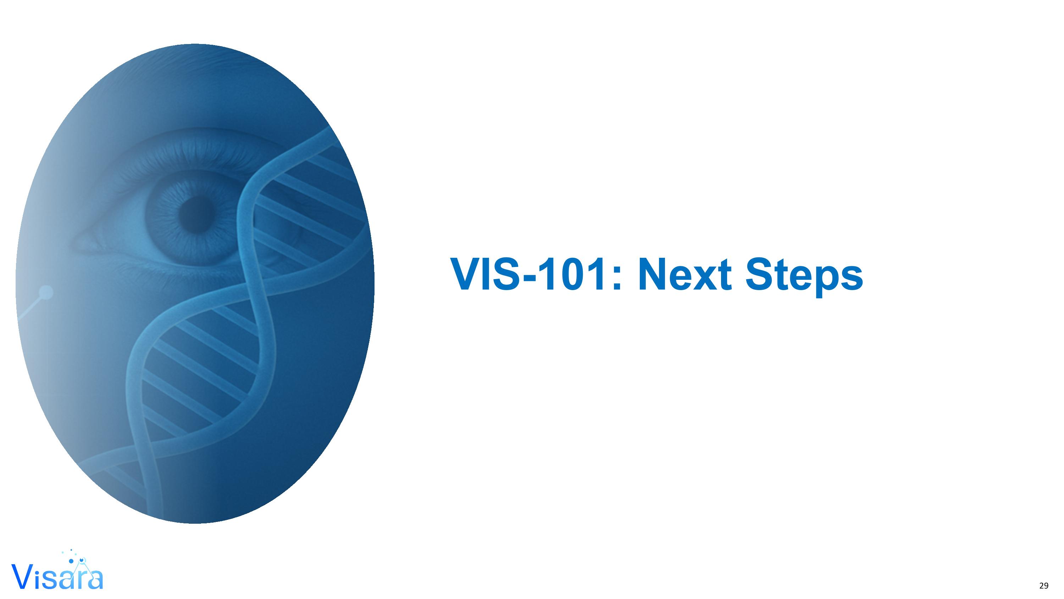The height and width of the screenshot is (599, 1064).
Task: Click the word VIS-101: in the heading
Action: click(537, 274)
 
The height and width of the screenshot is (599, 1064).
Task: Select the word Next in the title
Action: click(685, 274)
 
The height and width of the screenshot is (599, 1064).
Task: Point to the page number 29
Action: click(1044, 586)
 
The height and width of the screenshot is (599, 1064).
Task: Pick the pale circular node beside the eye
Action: click(46, 292)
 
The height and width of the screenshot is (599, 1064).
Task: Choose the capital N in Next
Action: click(652, 274)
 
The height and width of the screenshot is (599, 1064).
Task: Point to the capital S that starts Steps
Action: click(760, 274)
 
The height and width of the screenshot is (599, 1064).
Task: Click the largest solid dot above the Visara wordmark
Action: click(71, 561)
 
